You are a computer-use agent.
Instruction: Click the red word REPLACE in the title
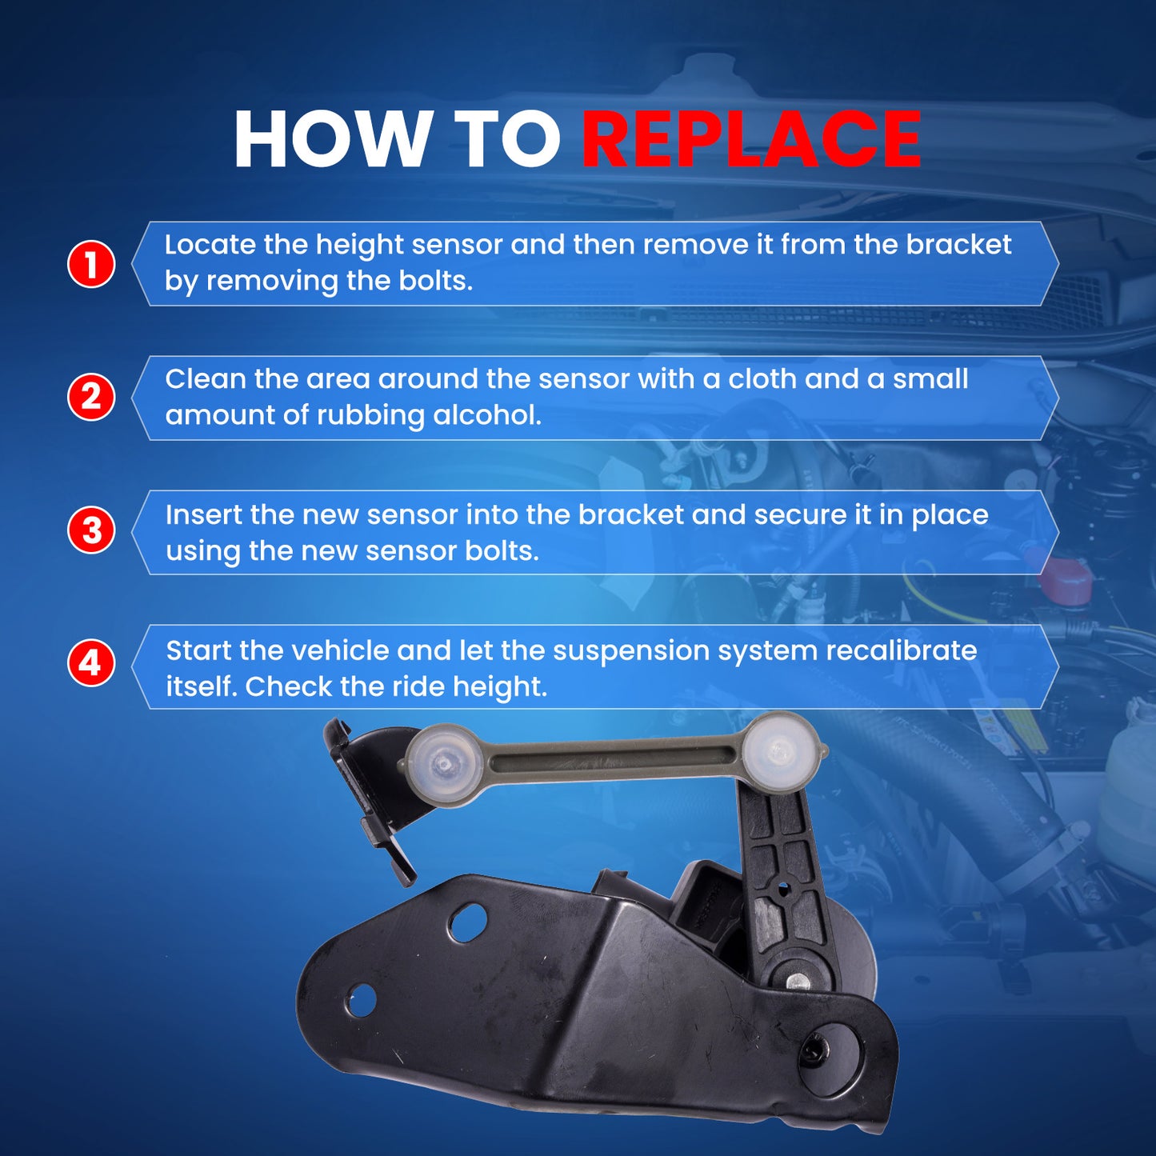(751, 139)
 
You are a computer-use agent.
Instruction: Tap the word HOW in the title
(330, 139)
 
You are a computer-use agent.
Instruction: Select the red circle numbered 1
(90, 264)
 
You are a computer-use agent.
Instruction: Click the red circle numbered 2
(90, 397)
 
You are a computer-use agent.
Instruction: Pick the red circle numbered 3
(90, 531)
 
